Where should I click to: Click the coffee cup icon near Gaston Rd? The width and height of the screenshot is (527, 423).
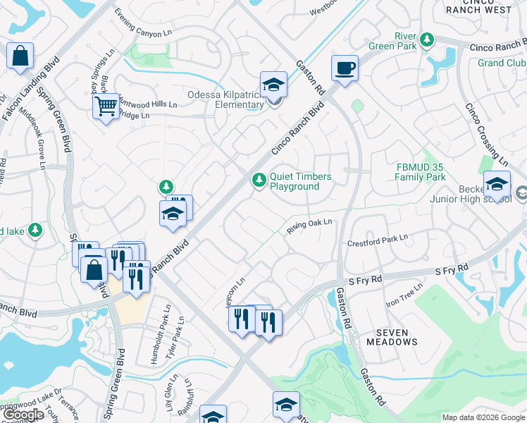click(345, 69)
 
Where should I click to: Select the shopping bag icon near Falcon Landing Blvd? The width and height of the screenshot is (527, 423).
click(20, 56)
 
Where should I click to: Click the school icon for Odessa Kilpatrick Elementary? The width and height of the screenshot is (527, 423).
click(274, 85)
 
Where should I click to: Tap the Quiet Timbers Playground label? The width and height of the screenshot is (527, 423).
click(294, 181)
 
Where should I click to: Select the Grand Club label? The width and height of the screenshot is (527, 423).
click(501, 63)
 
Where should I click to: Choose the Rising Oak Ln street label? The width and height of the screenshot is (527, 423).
click(309, 227)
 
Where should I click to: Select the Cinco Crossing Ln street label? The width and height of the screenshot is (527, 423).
click(486, 134)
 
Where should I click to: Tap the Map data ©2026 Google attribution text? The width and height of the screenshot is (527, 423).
click(483, 417)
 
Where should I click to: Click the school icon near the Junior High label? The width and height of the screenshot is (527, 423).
click(497, 185)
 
